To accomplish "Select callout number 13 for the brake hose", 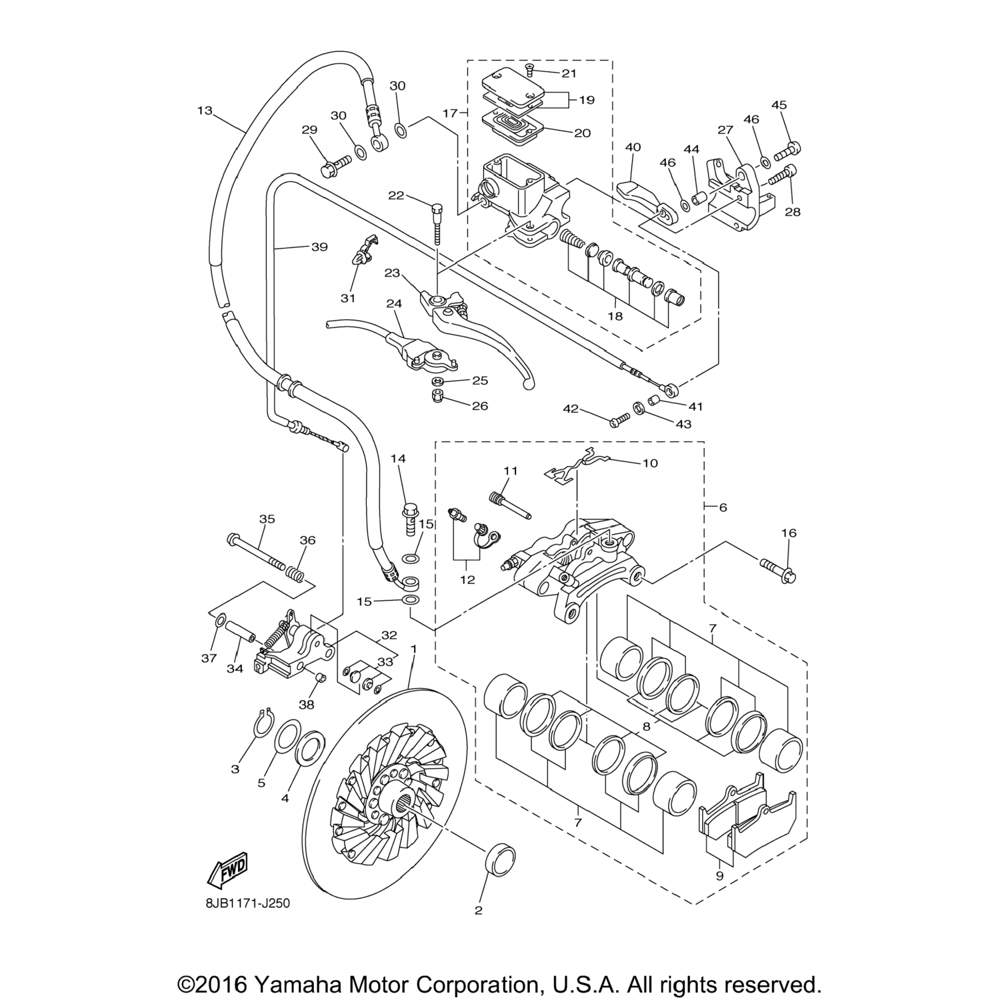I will (x=205, y=110).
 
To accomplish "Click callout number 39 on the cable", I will (x=319, y=247).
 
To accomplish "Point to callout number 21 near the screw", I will (x=569, y=73).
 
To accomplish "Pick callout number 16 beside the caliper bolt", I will (x=789, y=533).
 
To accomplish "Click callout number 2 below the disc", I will (x=478, y=910).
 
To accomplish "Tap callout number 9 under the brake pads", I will (x=719, y=876).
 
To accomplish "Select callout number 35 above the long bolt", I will (x=267, y=519).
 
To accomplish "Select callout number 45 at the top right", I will (x=779, y=105).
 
